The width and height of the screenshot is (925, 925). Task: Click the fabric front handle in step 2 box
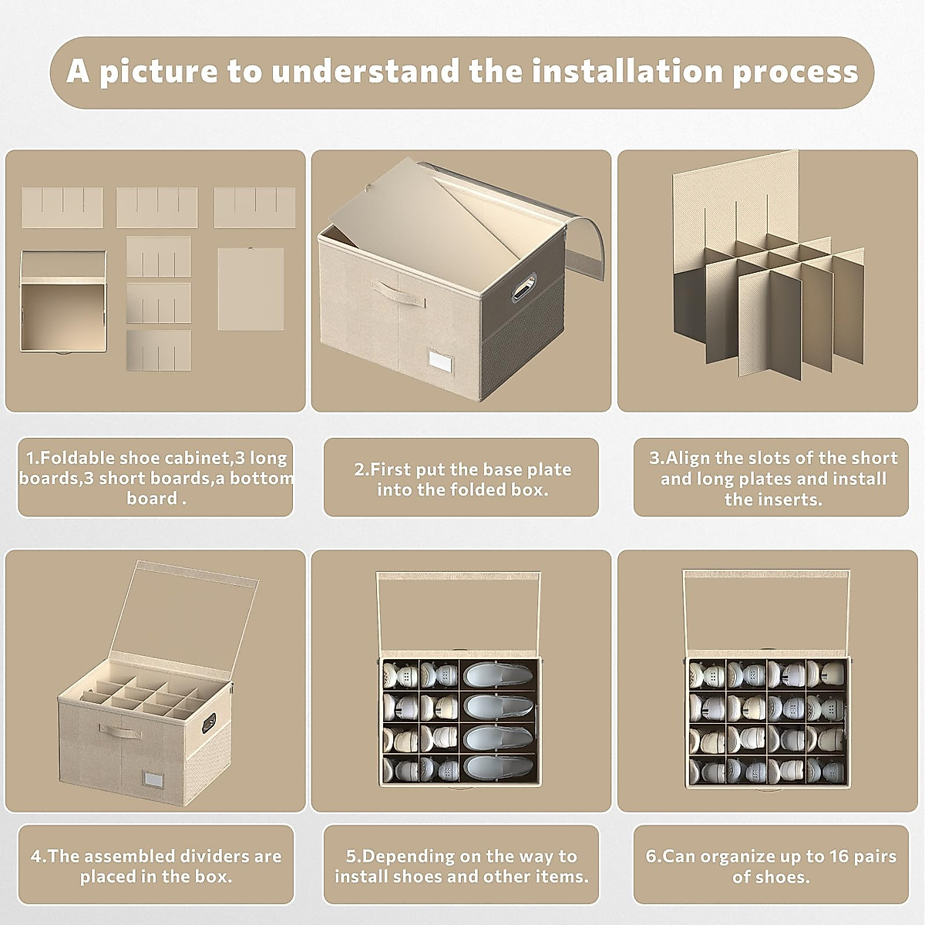[x=399, y=294]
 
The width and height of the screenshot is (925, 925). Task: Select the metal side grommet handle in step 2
[x=524, y=287]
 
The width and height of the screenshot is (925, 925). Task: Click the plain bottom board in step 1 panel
[x=251, y=288]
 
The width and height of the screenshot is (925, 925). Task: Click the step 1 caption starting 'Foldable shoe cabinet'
[x=156, y=478]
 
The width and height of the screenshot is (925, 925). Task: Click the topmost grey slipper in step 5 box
[x=498, y=674]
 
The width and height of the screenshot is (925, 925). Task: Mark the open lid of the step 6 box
[x=766, y=610]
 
